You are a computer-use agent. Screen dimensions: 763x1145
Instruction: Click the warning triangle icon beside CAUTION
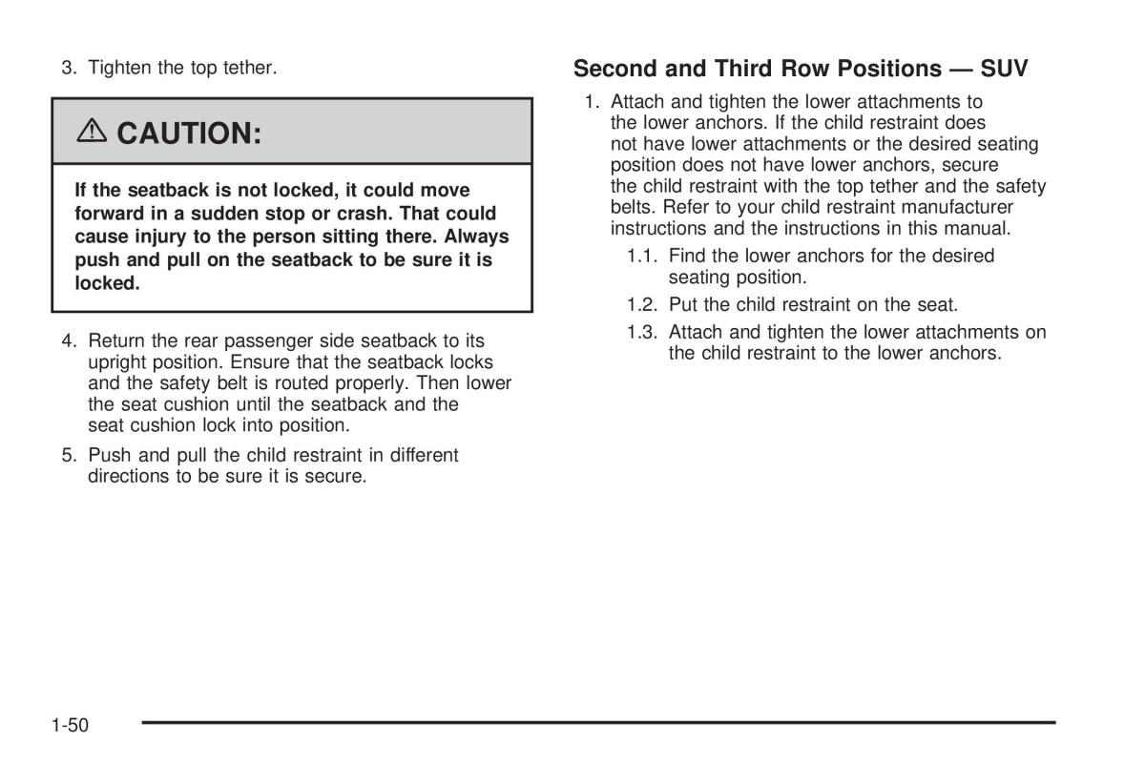point(93,133)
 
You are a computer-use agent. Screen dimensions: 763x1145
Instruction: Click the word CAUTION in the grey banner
point(189,133)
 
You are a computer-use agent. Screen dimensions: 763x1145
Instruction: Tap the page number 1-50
point(70,726)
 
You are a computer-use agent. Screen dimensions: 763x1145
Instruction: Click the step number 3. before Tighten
point(69,69)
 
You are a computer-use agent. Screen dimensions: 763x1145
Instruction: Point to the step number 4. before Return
point(69,341)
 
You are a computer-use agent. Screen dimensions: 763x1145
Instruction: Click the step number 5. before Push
point(69,456)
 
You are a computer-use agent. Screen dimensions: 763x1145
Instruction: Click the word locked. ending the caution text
point(107,283)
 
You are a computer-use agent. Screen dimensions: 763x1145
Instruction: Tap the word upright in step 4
point(116,363)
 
